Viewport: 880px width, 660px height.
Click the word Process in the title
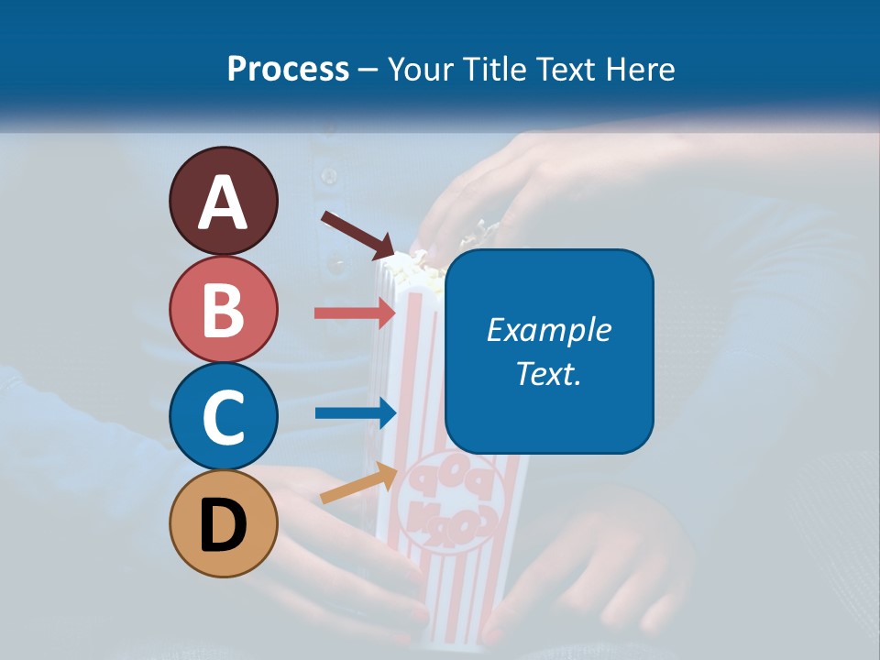coord(288,69)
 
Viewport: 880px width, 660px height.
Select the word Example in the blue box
coord(549,330)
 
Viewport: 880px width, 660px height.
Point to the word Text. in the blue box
coord(549,373)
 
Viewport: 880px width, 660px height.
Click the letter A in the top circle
coord(224,203)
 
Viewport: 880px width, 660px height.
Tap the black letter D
coord(224,525)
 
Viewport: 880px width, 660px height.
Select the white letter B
coord(224,309)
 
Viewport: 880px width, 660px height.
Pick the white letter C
coord(224,417)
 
